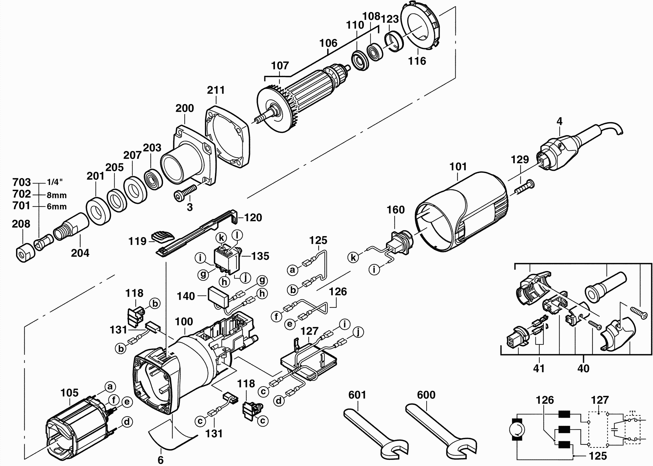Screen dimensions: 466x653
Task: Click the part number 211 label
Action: (x=216, y=90)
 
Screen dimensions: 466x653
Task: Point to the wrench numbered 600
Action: (x=442, y=433)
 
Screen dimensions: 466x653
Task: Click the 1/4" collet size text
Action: (x=55, y=182)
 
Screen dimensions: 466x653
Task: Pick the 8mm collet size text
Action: (x=56, y=196)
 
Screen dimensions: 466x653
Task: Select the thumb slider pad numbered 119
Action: (x=162, y=236)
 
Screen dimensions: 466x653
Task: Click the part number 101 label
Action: (x=458, y=167)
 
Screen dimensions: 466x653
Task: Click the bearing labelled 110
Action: (x=360, y=60)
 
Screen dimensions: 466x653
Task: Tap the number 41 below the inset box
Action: (x=539, y=368)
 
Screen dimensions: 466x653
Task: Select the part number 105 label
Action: (x=69, y=393)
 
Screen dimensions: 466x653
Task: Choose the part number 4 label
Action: (x=559, y=121)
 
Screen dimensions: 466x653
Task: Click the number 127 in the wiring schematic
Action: (x=600, y=400)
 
